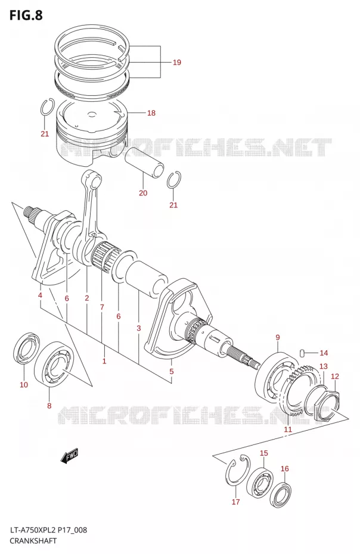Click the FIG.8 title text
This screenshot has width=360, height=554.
(x=26, y=15)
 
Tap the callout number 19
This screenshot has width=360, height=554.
(x=177, y=63)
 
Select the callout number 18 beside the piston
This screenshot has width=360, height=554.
(x=151, y=113)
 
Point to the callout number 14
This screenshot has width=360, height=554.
(x=324, y=353)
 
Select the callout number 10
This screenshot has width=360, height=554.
(x=24, y=385)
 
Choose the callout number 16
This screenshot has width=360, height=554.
(x=285, y=469)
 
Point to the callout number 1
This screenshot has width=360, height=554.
(x=104, y=361)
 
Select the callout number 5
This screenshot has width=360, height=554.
(x=171, y=371)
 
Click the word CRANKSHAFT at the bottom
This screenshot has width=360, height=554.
(x=33, y=540)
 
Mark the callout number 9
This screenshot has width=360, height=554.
(x=278, y=337)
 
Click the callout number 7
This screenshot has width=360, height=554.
(x=102, y=307)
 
